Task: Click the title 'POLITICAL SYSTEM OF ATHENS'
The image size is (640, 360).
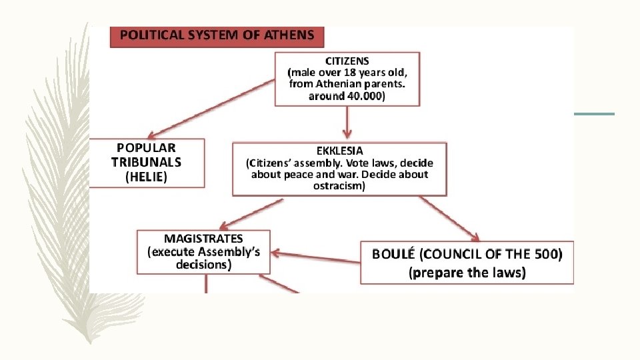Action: pos(217,35)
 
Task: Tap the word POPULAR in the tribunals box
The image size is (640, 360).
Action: pos(146,147)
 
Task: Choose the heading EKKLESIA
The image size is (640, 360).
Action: pos(339,151)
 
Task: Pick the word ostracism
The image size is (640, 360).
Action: pos(339,186)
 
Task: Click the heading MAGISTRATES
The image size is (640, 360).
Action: pos(203,238)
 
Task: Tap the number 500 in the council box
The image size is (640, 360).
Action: pos(546,253)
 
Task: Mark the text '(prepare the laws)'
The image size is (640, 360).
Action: pos(467,272)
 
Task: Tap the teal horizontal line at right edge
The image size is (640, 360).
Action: pos(594,114)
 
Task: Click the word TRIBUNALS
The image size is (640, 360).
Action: pos(146,161)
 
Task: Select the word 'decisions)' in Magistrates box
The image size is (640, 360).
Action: pos(203,265)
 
